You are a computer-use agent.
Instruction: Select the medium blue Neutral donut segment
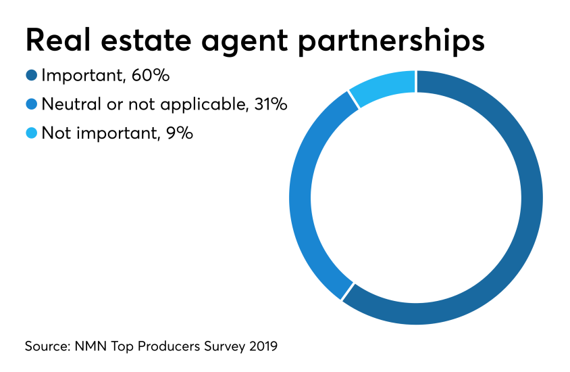pos(301,196)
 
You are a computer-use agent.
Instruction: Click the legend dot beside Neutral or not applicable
pos(31,105)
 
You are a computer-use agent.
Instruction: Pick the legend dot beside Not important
pos(31,134)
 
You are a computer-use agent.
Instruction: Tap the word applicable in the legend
pos(202,105)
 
